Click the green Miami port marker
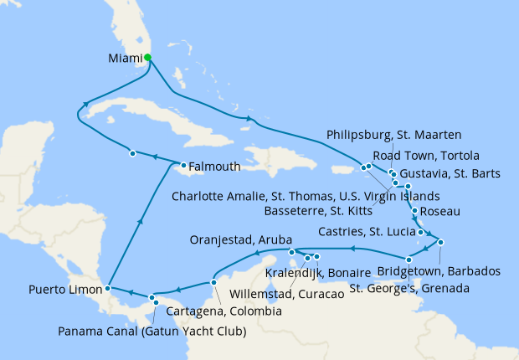pos(147,58)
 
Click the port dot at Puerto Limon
pos(108,289)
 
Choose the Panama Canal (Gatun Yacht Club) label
pos(152,332)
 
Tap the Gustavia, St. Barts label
pos(450,174)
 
